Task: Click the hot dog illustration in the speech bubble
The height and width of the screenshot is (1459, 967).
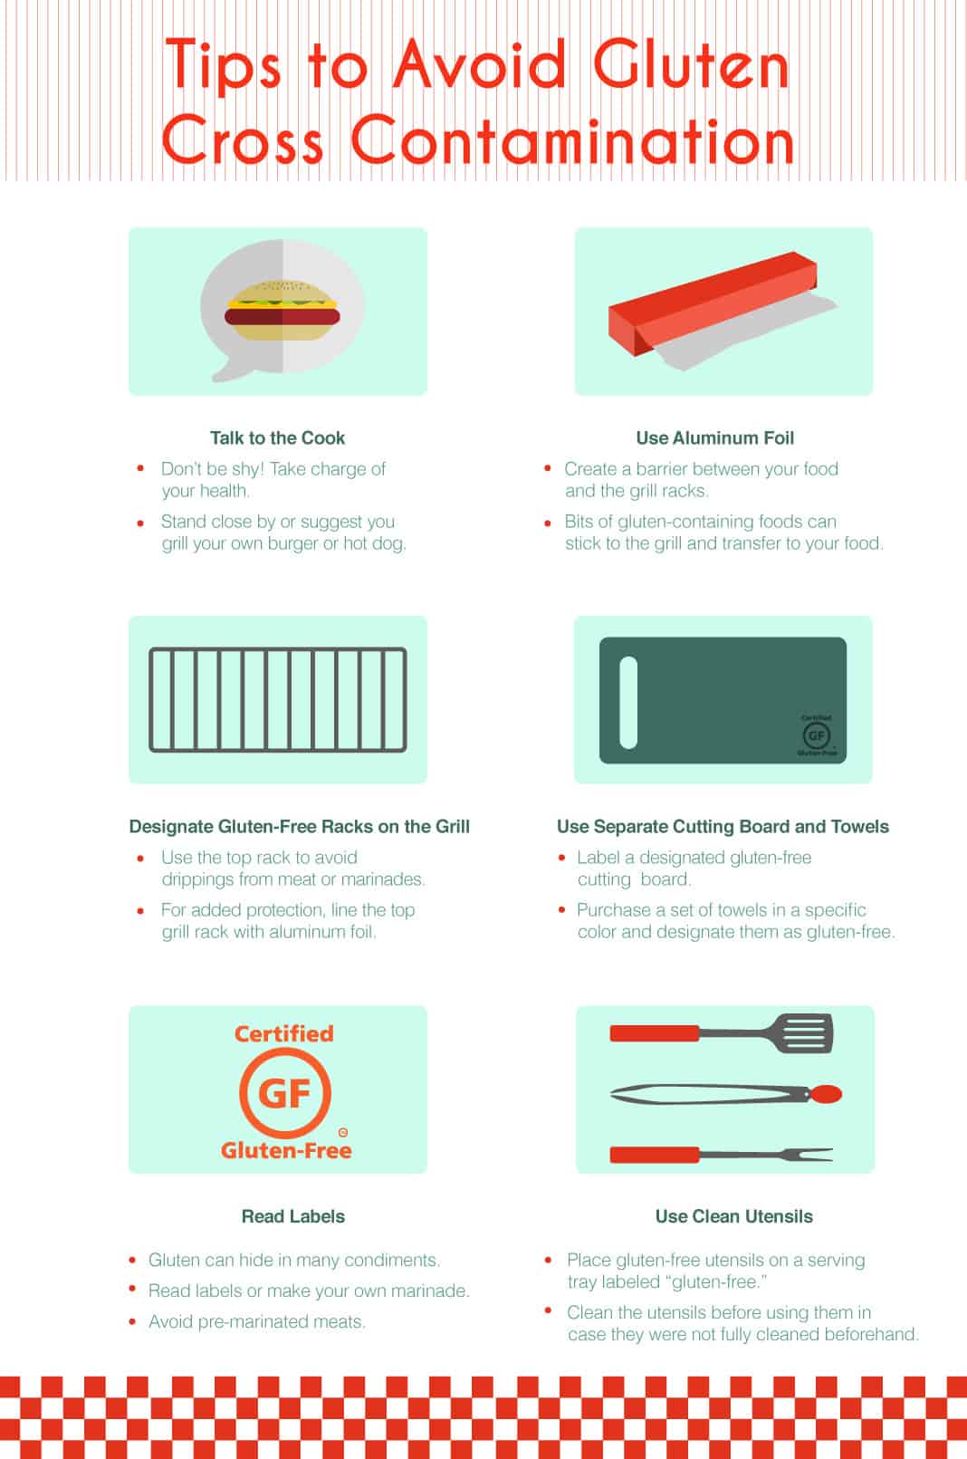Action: [x=282, y=311]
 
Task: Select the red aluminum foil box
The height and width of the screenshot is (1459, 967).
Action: [x=713, y=303]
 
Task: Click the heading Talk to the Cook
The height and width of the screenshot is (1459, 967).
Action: [x=277, y=437]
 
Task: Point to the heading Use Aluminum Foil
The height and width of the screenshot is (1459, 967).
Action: [x=715, y=437]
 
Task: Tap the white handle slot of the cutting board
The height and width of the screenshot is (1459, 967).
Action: [x=628, y=702]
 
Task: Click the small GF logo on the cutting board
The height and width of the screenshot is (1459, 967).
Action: [x=817, y=736]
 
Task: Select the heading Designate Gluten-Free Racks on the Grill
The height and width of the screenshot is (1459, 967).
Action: [x=300, y=827]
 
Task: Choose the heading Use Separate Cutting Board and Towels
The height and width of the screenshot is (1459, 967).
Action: [x=723, y=827]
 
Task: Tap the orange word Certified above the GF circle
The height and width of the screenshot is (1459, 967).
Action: [x=284, y=1033]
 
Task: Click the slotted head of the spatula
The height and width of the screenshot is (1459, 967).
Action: [x=803, y=1033]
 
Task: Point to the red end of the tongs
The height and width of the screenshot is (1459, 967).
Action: [x=826, y=1094]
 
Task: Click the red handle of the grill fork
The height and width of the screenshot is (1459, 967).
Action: [x=655, y=1155]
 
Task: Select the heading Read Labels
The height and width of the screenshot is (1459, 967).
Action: [x=293, y=1216]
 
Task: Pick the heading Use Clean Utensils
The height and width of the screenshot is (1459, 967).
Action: [x=734, y=1216]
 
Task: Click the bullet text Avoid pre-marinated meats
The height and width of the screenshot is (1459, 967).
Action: [x=256, y=1321]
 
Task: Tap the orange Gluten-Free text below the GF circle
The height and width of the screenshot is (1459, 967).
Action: [x=286, y=1150]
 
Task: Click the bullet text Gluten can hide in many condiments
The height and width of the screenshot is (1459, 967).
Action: [x=293, y=1260]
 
